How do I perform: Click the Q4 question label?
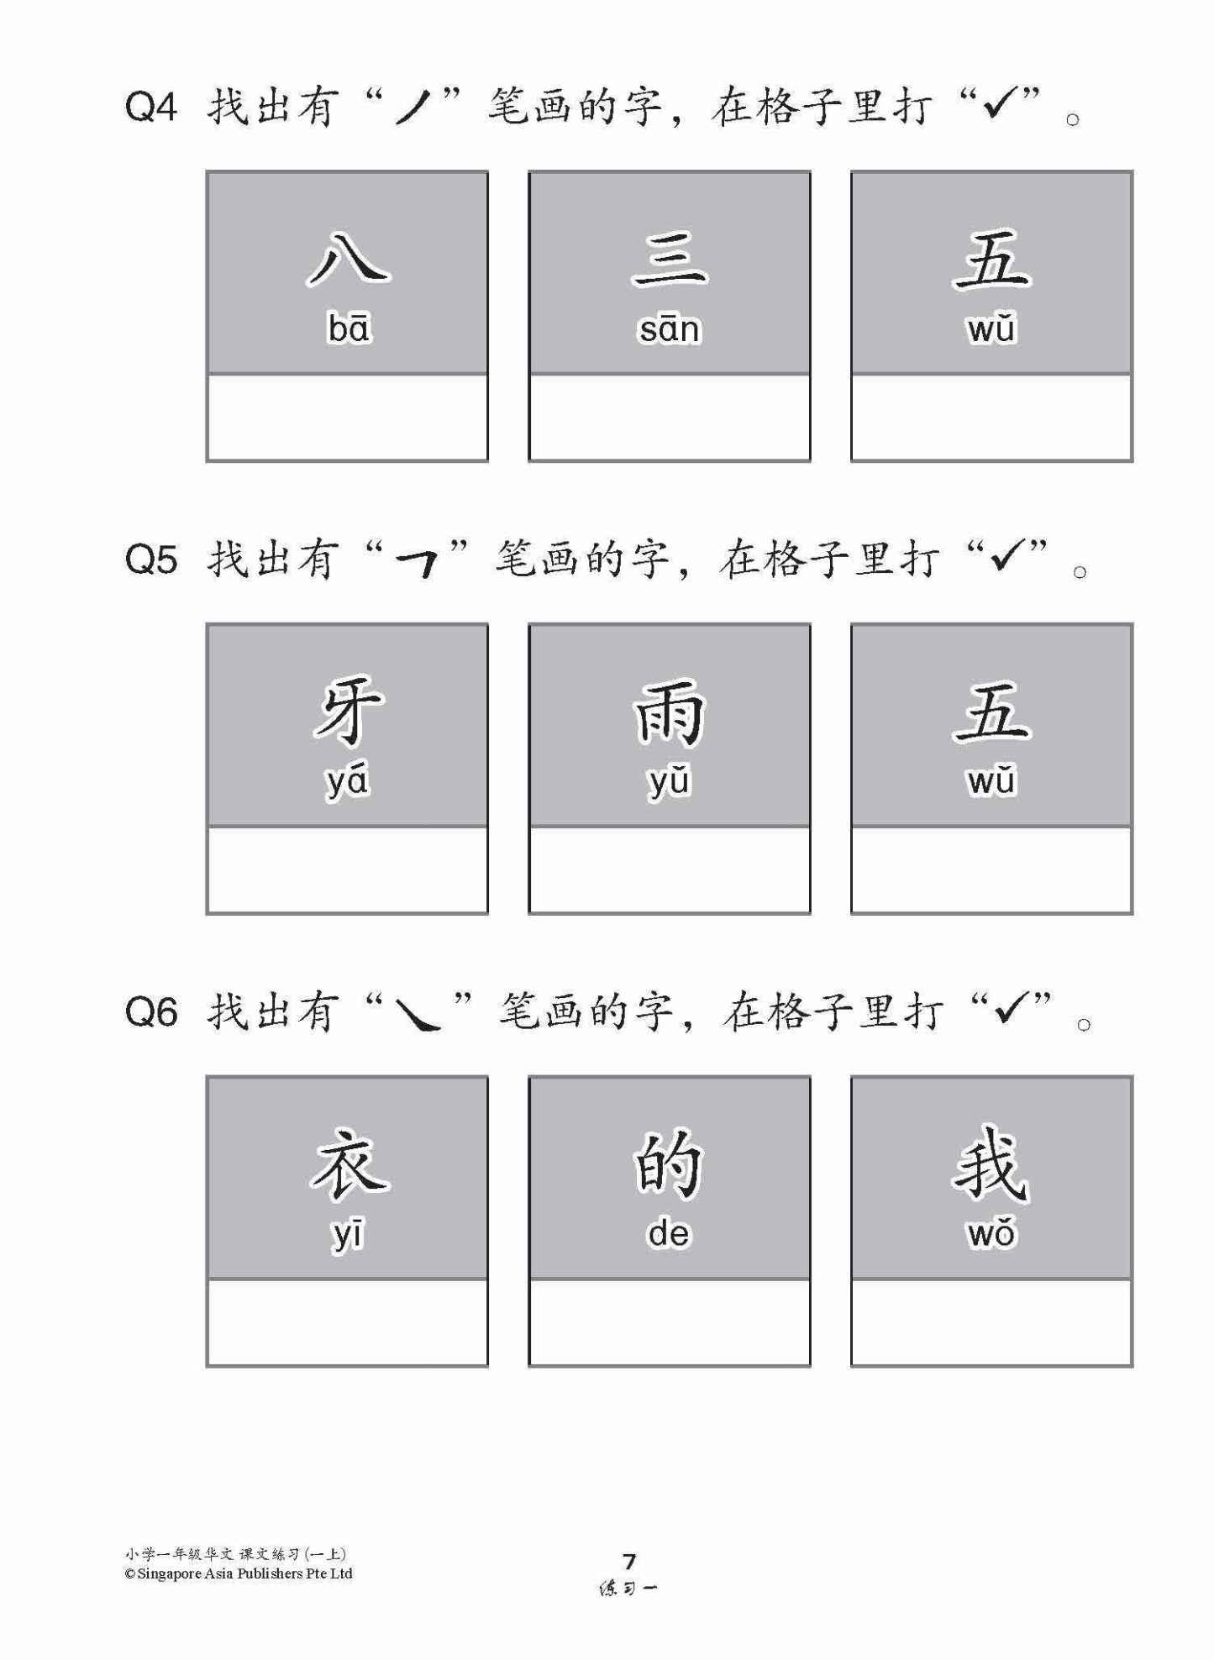pyautogui.click(x=151, y=108)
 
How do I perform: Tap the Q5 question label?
pyautogui.click(x=151, y=559)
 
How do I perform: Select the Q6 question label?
pyautogui.click(x=151, y=1012)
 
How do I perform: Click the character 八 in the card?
pyautogui.click(x=348, y=257)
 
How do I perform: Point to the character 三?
pyautogui.click(x=670, y=259)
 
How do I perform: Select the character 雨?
pyautogui.click(x=670, y=712)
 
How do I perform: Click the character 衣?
pyautogui.click(x=348, y=1164)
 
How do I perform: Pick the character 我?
pyautogui.click(x=991, y=1164)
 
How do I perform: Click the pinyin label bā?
pyautogui.click(x=348, y=328)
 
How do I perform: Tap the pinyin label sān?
pyautogui.click(x=670, y=329)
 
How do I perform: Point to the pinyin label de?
pyautogui.click(x=669, y=1234)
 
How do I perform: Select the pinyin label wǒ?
pyautogui.click(x=991, y=1233)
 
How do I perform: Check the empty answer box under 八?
pyautogui.click(x=347, y=418)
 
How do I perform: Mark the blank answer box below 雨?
pyautogui.click(x=670, y=869)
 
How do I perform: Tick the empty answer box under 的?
pyautogui.click(x=670, y=1322)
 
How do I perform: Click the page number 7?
pyautogui.click(x=629, y=1561)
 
